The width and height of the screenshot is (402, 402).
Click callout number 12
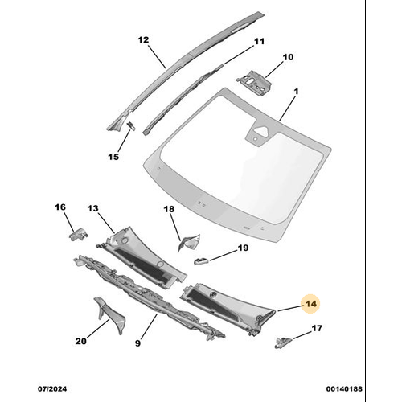click(x=143, y=39)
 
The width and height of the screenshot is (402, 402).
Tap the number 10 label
click(x=288, y=57)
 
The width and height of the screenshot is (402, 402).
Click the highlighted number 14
click(x=310, y=304)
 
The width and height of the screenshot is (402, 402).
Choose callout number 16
click(x=59, y=207)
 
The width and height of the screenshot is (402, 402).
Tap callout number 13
click(x=93, y=208)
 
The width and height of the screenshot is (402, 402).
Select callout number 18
click(x=169, y=210)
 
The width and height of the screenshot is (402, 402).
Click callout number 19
click(x=242, y=250)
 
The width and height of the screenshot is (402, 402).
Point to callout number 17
click(x=317, y=328)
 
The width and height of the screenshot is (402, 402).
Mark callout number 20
click(x=80, y=341)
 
